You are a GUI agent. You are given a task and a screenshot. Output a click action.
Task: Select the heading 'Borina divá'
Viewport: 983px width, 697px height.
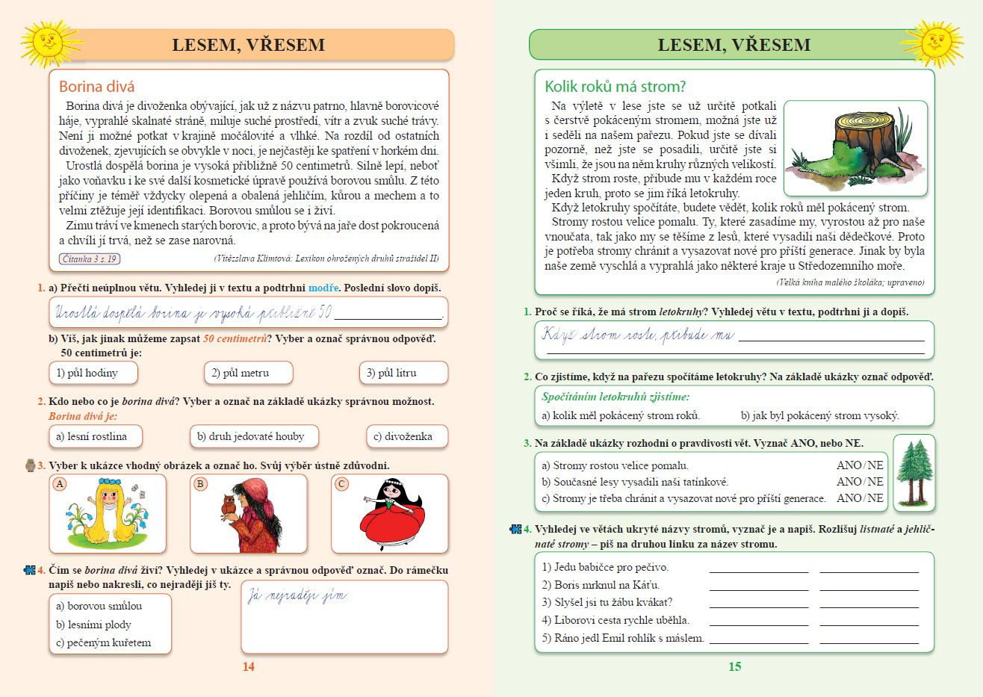96,87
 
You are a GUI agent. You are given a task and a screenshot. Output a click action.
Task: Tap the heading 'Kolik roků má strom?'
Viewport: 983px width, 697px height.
615,87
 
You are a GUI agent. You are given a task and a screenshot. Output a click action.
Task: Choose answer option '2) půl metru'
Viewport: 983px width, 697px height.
248,373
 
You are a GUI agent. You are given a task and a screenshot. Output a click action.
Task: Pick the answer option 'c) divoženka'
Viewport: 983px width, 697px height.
408,436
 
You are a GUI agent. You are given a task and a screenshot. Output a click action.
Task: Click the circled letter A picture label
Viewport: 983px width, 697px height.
61,484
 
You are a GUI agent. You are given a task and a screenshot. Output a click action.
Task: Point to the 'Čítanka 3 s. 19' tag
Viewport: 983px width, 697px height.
90,259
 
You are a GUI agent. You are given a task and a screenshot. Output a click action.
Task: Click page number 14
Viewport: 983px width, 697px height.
249,666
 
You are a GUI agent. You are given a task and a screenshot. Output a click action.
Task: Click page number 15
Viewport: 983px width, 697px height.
735,666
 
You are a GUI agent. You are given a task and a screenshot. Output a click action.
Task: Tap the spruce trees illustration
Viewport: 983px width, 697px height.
914,472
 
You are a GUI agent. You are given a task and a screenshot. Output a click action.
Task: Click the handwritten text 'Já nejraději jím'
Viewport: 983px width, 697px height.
298,596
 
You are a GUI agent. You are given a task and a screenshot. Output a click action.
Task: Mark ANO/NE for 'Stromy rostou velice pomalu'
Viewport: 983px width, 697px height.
860,465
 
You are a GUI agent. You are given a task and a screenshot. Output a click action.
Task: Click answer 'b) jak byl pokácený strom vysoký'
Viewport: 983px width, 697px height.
819,415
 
